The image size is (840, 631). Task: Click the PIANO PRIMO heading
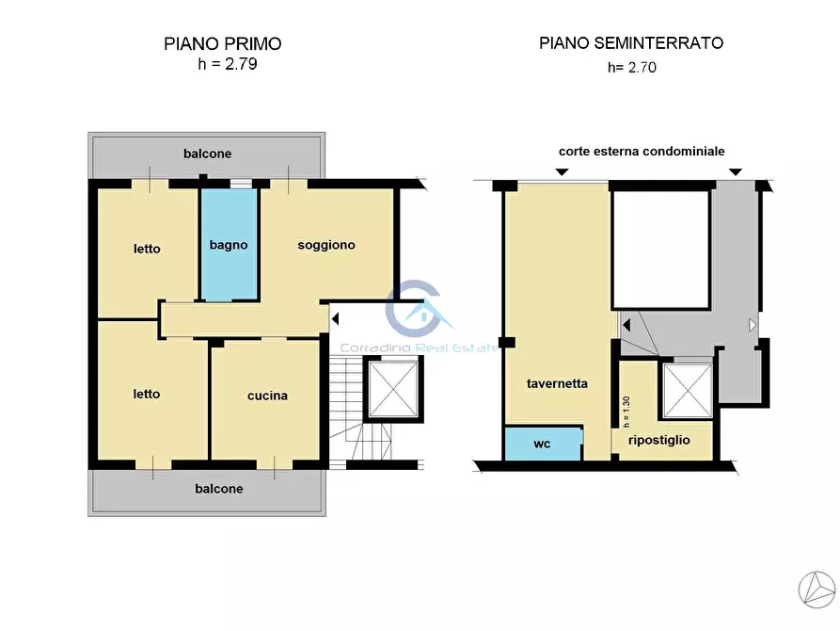222,43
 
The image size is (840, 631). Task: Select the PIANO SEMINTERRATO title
631,43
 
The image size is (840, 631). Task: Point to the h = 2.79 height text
228,64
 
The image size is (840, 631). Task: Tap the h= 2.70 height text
632,67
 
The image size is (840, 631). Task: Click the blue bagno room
230,245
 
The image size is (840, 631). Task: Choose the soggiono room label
326,245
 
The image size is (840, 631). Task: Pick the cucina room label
267,396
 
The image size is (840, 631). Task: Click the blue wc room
543,444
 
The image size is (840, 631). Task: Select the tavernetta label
557,383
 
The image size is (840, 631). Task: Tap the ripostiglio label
659,440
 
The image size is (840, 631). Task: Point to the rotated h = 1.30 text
626,412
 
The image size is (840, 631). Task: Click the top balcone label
207,154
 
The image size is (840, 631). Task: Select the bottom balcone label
219,489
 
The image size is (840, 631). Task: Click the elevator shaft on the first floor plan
393,389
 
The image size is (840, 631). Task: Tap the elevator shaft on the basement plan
688,390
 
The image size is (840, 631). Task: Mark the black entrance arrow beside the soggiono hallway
336,319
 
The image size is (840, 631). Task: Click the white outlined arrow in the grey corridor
753,325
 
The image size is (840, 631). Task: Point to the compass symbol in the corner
817,590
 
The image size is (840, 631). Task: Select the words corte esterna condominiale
642,152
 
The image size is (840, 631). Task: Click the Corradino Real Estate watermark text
420,348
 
